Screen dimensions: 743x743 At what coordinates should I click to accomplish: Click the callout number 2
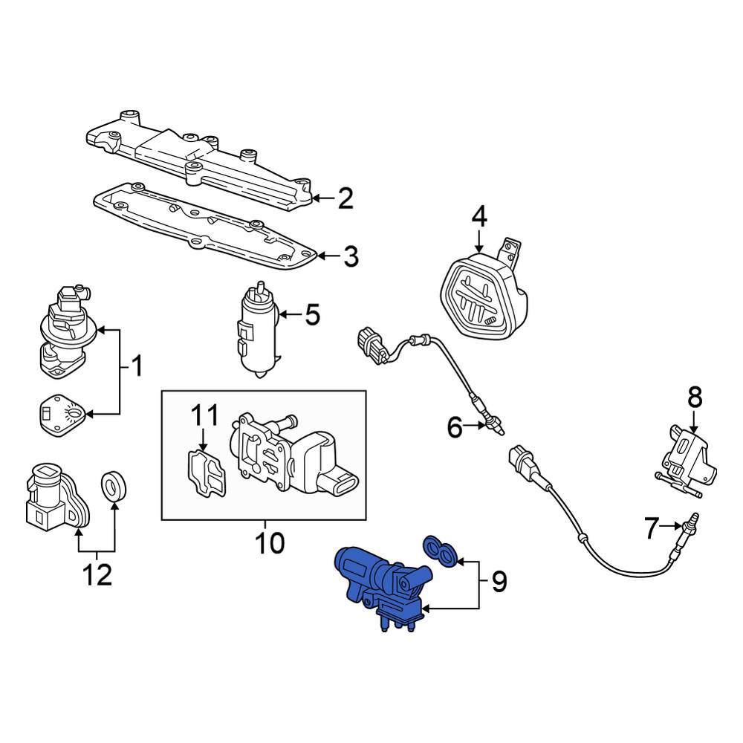345,198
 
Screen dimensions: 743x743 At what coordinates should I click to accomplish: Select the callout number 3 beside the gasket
351,256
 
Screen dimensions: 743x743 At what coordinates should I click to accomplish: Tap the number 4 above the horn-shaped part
479,218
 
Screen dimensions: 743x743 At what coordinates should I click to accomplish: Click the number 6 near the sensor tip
455,428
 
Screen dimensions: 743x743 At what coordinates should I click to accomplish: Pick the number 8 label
695,398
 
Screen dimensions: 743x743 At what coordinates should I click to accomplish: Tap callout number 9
499,582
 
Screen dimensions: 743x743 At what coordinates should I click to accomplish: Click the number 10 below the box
270,543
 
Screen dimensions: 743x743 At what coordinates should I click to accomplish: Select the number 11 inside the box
205,415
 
